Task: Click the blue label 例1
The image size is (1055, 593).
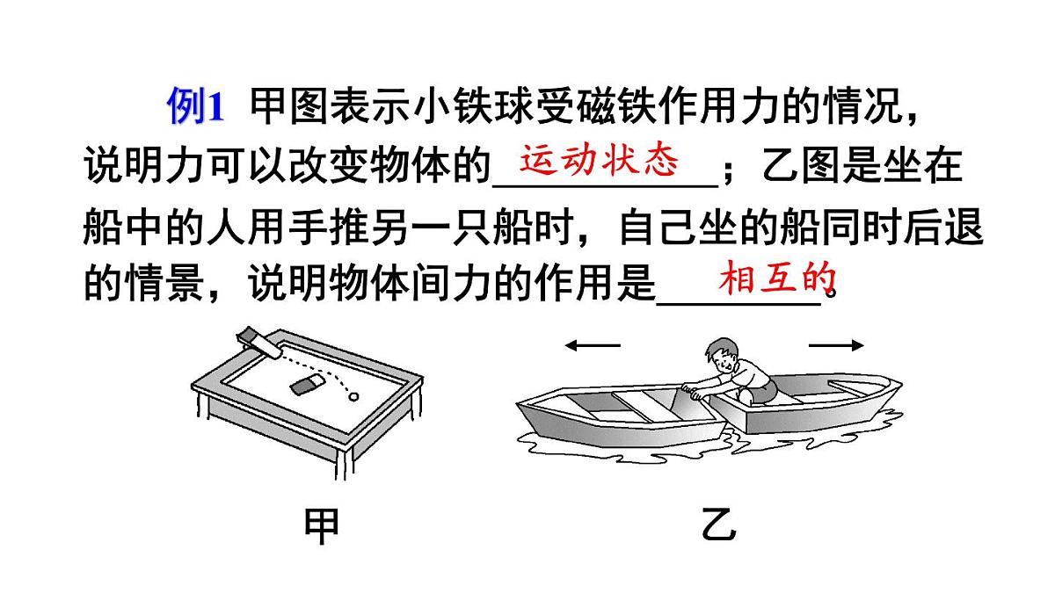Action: [x=196, y=108]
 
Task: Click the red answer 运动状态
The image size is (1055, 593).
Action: [x=600, y=161]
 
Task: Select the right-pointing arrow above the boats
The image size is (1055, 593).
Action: [x=835, y=345]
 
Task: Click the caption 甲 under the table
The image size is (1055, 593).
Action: [x=321, y=527]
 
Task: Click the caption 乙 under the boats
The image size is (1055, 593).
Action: [x=719, y=527]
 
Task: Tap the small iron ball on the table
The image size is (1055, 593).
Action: [x=355, y=396]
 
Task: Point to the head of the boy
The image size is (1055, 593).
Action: [x=723, y=354]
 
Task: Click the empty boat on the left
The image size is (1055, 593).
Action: [x=615, y=413]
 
